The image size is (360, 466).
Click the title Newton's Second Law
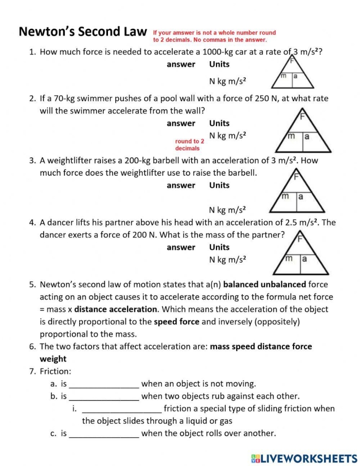pyautogui.click(x=83, y=32)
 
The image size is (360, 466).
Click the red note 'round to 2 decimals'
pyautogui.click(x=190, y=145)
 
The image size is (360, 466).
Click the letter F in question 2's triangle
pyautogui.click(x=303, y=116)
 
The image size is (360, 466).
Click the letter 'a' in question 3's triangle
pyautogui.click(x=300, y=196)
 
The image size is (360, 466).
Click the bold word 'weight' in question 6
pyautogui.click(x=53, y=359)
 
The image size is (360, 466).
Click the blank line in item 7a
pyautogui.click(x=104, y=384)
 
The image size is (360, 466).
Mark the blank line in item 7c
pyautogui.click(x=104, y=434)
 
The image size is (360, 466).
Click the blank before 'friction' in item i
pyautogui.click(x=122, y=409)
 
